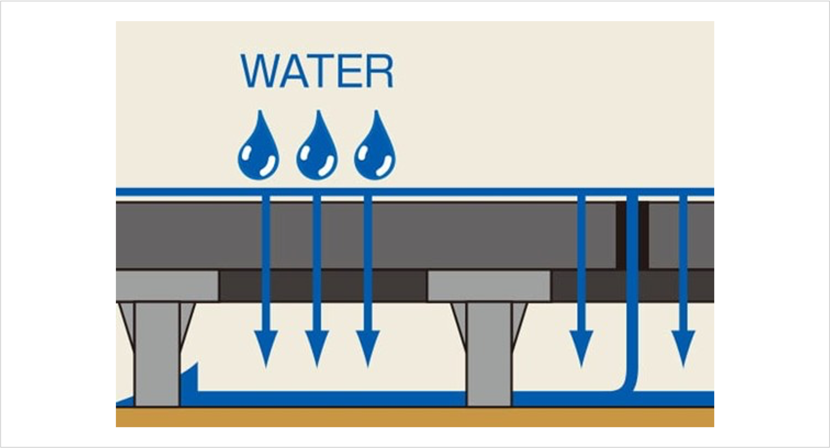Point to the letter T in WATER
321,71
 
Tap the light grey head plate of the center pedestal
488,286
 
